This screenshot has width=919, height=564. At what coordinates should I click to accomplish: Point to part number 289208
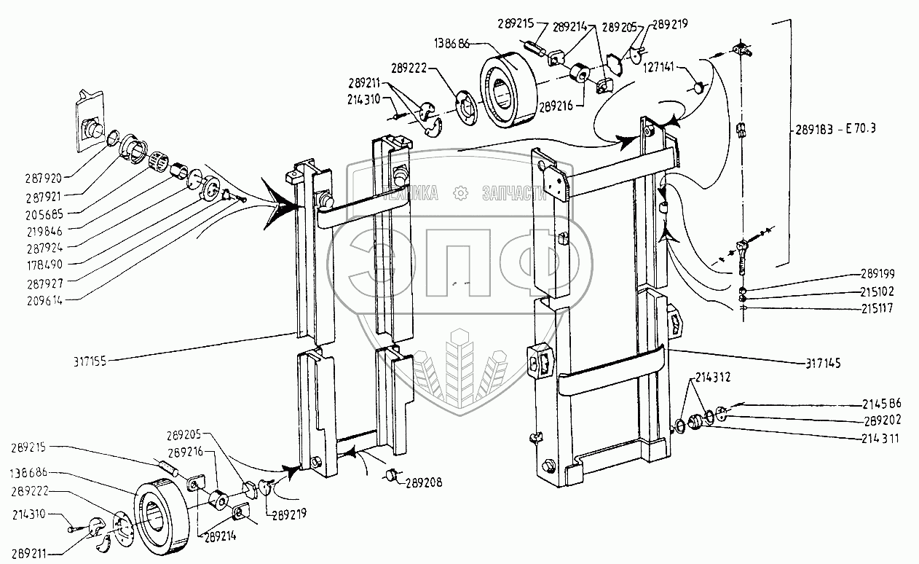pos(424,482)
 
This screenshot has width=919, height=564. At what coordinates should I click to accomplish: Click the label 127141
pos(660,66)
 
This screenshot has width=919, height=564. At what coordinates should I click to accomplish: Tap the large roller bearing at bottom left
pos(163,518)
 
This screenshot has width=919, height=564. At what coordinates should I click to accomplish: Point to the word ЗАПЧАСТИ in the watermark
pos(513,193)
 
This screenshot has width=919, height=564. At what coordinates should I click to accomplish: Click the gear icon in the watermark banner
pos(459,192)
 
